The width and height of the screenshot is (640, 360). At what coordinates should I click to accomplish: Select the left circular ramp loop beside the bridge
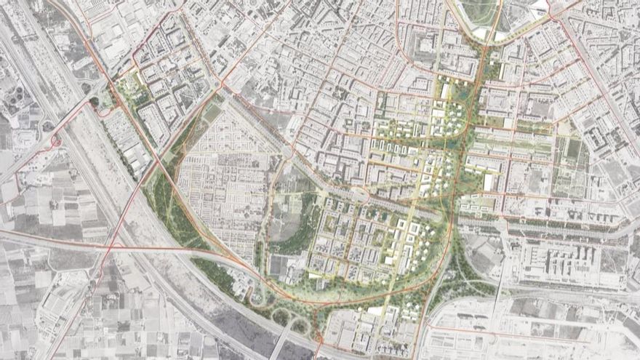257,296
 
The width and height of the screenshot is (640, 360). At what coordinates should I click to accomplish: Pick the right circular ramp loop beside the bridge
300,324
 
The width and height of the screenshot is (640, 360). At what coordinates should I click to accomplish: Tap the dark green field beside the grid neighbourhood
211,113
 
